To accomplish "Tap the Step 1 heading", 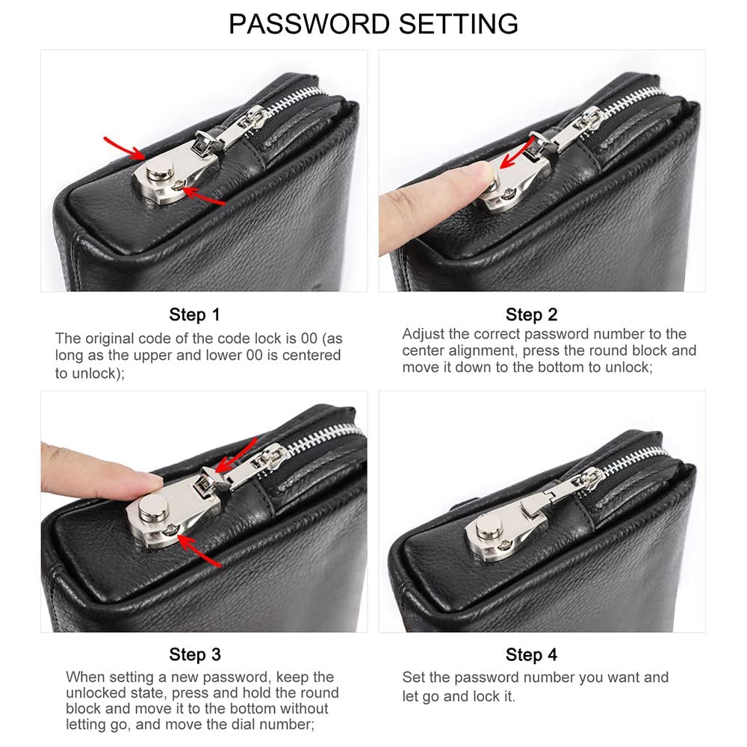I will (195, 314).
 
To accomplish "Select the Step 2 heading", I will (531, 314).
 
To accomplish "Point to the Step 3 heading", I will (195, 655).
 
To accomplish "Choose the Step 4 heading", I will (531, 655).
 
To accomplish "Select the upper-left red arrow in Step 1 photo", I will (125, 147).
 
